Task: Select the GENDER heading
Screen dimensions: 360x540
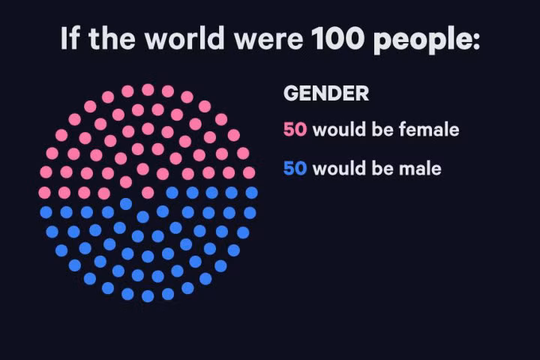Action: pos(326,94)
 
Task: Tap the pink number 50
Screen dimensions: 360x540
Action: pos(295,130)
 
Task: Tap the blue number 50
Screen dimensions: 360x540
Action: pos(295,169)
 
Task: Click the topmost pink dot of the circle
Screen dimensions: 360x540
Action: pos(148,89)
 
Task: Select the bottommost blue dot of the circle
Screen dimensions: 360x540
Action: pos(148,295)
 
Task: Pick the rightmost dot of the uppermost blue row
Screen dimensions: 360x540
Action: pos(251,193)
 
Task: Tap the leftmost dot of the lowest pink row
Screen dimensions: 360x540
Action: pos(44,193)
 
